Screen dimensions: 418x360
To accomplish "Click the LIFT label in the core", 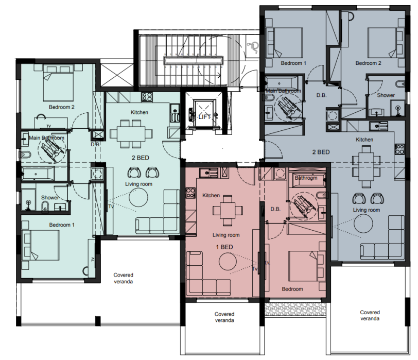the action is point(204,117).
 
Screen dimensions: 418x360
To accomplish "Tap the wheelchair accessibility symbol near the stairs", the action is point(252,47).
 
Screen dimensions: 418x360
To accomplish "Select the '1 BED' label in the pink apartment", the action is point(224,247).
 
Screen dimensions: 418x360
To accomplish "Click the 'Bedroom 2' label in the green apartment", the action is point(62,107).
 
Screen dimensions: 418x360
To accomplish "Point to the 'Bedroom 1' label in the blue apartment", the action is point(293,63).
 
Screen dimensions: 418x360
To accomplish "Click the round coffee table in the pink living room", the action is point(228,262).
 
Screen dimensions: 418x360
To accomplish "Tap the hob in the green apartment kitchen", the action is point(147,97).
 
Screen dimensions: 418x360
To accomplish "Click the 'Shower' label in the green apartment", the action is point(50,198).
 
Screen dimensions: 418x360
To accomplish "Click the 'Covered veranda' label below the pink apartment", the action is point(224,317).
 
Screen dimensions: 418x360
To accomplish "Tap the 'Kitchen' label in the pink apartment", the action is point(211,196).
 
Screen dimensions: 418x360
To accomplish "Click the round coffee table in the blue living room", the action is point(363,224).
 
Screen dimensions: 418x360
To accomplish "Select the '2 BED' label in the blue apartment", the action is point(321,152).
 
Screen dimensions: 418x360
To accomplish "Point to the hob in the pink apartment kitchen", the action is point(190,193).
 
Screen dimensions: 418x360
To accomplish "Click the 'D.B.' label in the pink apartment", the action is point(275,209).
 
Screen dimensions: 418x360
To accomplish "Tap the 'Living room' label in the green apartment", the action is point(138,184).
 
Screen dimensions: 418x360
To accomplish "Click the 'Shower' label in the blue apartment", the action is point(386,95).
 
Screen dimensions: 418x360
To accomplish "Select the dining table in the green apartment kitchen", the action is point(131,134).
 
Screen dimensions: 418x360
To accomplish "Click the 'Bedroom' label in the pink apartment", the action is point(292,289).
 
